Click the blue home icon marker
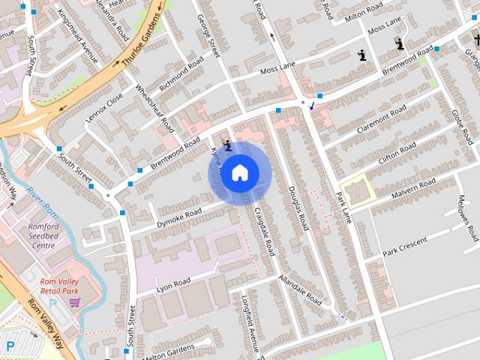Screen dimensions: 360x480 tap(239, 173)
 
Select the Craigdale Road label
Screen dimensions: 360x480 tap(265, 231)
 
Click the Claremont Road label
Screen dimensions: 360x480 tap(382, 118)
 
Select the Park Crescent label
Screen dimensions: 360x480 tap(404, 245)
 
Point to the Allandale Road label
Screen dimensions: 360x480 tap(300, 289)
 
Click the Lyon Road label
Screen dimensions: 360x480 tap(173, 283)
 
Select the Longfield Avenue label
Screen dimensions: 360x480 tap(250, 330)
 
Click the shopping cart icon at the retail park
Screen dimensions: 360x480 tap(74, 302)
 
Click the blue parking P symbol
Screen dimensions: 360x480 tap(10, 346)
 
